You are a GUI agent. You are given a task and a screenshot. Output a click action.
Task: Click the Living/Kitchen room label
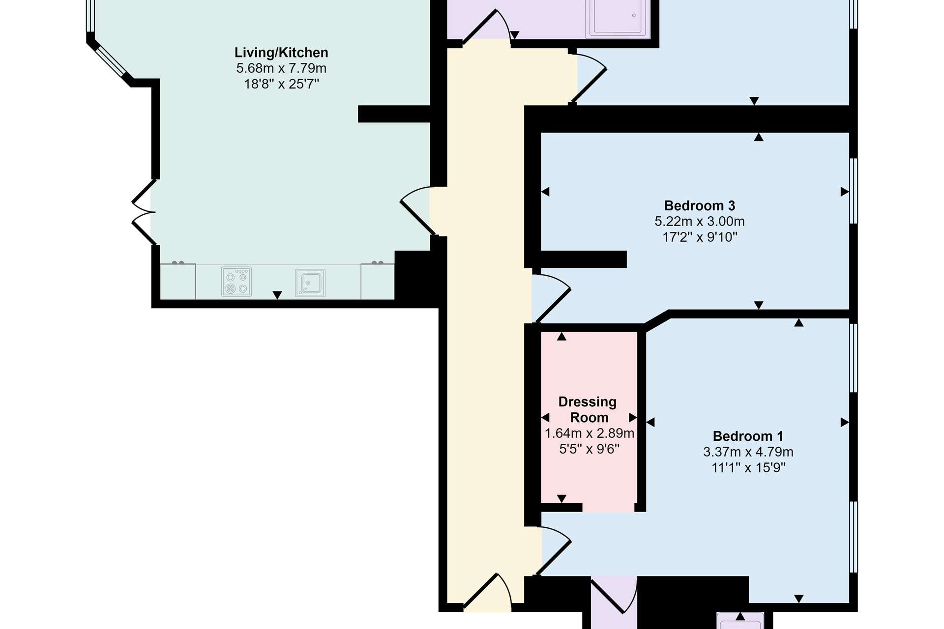click(x=281, y=53)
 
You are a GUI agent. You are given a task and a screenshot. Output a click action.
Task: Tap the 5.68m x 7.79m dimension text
click(x=281, y=68)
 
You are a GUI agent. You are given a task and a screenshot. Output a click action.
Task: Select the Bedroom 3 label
click(x=700, y=205)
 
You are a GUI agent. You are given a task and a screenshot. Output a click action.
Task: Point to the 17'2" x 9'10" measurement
click(x=700, y=237)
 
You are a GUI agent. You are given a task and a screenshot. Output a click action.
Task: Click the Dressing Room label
click(x=588, y=409)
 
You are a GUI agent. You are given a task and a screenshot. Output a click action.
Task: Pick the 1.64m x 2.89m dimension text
click(x=589, y=433)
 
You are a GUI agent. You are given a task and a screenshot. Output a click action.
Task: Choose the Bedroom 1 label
click(x=748, y=436)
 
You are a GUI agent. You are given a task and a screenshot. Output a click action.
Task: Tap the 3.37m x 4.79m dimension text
click(x=748, y=452)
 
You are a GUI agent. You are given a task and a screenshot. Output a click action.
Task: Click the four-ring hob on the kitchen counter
click(x=236, y=282)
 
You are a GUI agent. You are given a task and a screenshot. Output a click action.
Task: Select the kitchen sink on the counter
click(x=310, y=283)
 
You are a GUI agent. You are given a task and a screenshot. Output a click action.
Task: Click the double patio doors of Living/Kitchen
click(x=144, y=212)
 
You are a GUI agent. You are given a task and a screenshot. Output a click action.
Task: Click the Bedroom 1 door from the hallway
click(x=553, y=550)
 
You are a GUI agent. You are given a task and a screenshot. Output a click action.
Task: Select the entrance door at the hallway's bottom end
click(x=488, y=592)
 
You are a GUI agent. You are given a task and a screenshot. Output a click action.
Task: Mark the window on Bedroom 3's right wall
click(x=854, y=191)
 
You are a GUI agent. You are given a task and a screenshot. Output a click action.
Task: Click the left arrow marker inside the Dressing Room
click(x=545, y=418)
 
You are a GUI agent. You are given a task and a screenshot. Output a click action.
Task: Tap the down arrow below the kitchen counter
click(x=277, y=295)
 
